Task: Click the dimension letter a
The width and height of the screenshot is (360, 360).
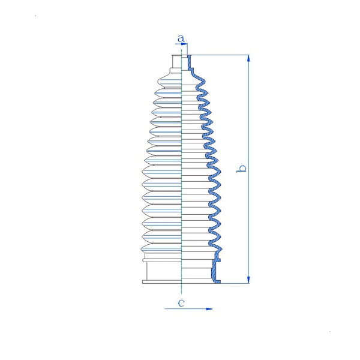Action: (x=181, y=38)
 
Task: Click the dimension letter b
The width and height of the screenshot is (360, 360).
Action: (x=242, y=168)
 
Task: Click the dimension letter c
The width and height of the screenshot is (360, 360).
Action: (x=181, y=303)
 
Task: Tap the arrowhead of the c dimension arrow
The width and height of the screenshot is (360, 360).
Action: (x=209, y=309)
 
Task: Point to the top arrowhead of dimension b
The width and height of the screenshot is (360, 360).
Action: (x=248, y=58)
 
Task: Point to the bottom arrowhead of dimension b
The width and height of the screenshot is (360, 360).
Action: (x=248, y=280)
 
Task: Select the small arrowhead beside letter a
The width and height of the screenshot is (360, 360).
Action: (x=185, y=43)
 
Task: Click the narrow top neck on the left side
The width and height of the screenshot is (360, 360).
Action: (x=177, y=61)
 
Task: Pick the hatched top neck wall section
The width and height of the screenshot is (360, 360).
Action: (x=190, y=62)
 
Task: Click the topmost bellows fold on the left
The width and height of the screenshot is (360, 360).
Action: (x=169, y=82)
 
